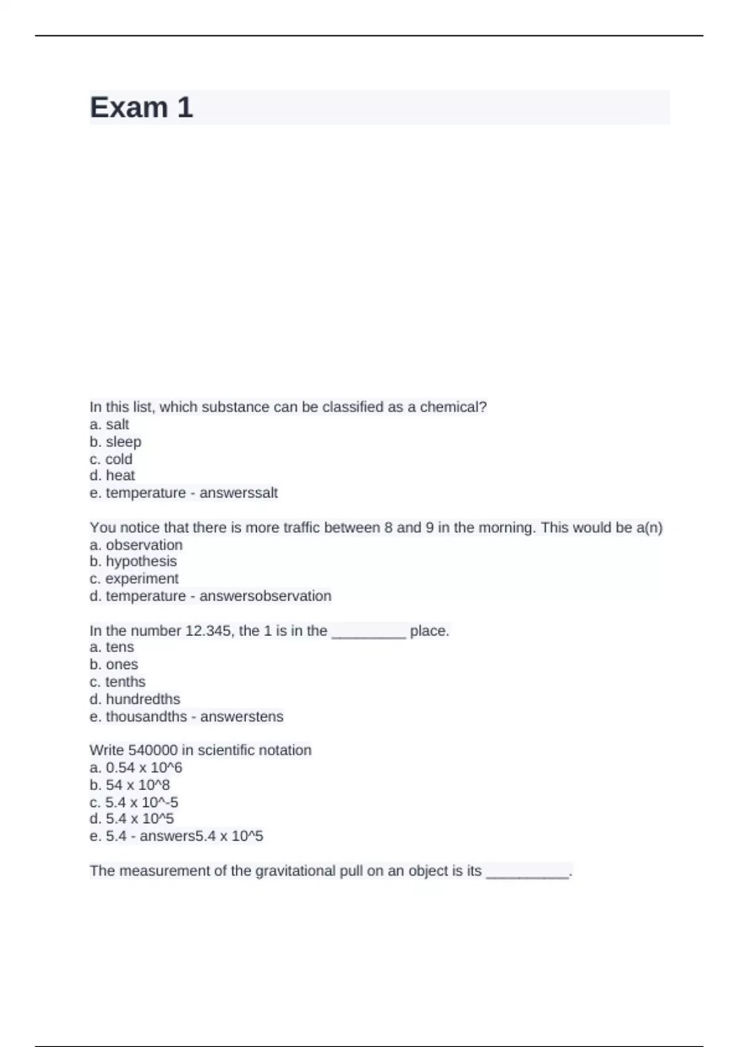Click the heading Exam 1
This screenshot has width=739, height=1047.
pyautogui.click(x=141, y=108)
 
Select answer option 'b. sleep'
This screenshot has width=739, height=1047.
pyautogui.click(x=115, y=442)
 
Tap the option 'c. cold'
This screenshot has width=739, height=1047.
pyautogui.click(x=111, y=459)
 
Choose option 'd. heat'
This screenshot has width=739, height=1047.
pyautogui.click(x=112, y=475)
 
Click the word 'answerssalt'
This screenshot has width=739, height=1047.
pyautogui.click(x=238, y=493)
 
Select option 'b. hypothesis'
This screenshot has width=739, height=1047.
pyautogui.click(x=133, y=562)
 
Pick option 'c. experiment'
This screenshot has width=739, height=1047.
pyautogui.click(x=134, y=579)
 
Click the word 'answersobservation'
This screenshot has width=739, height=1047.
pyautogui.click(x=265, y=596)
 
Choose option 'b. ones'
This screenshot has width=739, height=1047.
pyautogui.click(x=114, y=665)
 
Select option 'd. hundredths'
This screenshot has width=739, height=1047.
pyautogui.click(x=135, y=700)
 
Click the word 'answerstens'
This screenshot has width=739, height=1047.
pyautogui.click(x=241, y=717)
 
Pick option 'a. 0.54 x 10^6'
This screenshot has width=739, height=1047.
pyautogui.click(x=135, y=768)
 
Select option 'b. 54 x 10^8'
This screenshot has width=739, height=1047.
pyautogui.click(x=129, y=785)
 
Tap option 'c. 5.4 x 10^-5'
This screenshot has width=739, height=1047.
pyautogui.click(x=134, y=802)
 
